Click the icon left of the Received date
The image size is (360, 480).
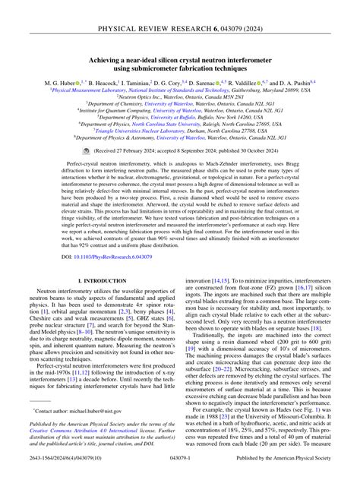pyautogui.click(x=86, y=151)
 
